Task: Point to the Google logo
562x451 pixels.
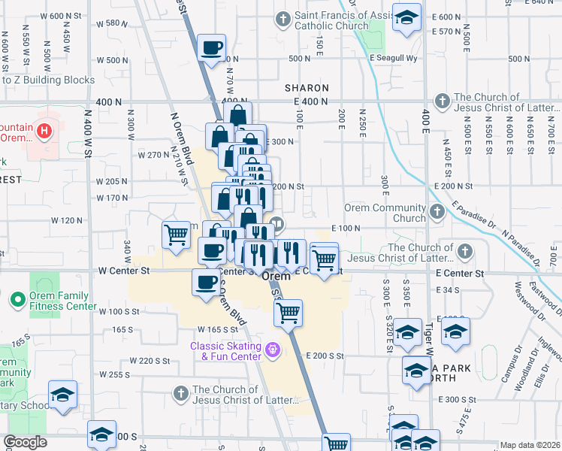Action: [25, 442]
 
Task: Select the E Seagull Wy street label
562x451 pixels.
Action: [393, 58]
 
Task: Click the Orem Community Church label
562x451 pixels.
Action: [385, 213]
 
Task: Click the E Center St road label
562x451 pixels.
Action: [457, 274]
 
